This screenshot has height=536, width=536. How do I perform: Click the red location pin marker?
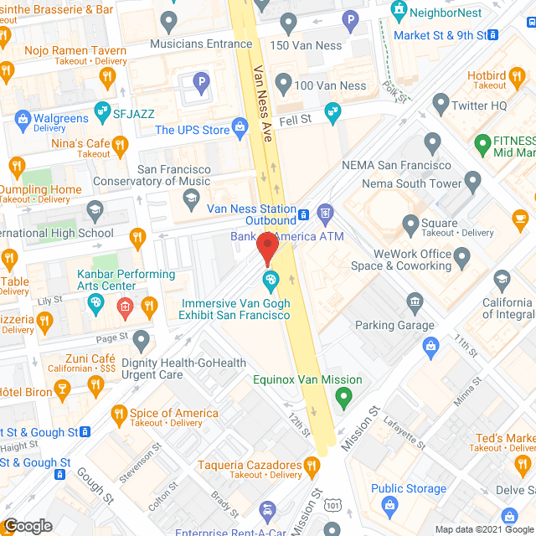click(x=267, y=249)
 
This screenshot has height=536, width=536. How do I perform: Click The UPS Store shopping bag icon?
click(x=241, y=129)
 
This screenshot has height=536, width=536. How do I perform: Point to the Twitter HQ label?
click(x=480, y=106)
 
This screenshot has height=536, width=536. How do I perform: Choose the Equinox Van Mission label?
click(x=307, y=379)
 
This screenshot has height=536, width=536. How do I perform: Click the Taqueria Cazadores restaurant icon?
click(x=312, y=464)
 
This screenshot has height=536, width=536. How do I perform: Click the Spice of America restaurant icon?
click(x=118, y=413)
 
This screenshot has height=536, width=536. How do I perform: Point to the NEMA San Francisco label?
click(x=396, y=165)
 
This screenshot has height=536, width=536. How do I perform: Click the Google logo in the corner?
click(x=28, y=526)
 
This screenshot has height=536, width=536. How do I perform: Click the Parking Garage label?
click(x=394, y=325)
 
